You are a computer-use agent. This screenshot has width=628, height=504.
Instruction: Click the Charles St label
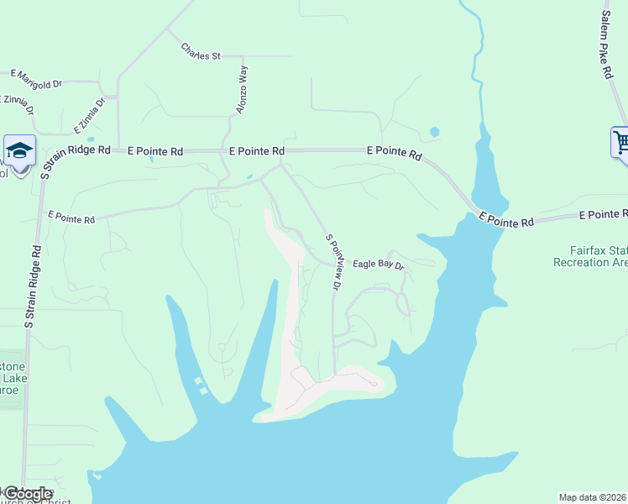200,51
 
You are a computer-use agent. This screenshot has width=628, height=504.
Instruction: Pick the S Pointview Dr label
333,261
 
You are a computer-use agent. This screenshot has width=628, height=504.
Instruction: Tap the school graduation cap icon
19,152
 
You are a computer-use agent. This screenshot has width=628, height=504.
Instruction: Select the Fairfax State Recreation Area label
591,256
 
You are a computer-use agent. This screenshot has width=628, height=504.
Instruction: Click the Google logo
28,494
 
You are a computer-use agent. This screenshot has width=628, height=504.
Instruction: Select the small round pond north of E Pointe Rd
434,132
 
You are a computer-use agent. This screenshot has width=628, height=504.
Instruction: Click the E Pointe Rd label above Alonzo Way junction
257,151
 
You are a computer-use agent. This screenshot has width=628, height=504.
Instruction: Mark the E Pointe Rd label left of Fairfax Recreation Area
506,221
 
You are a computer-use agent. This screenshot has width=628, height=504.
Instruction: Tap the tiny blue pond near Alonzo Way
249,176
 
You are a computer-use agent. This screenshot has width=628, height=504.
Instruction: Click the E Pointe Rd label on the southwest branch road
71,218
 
